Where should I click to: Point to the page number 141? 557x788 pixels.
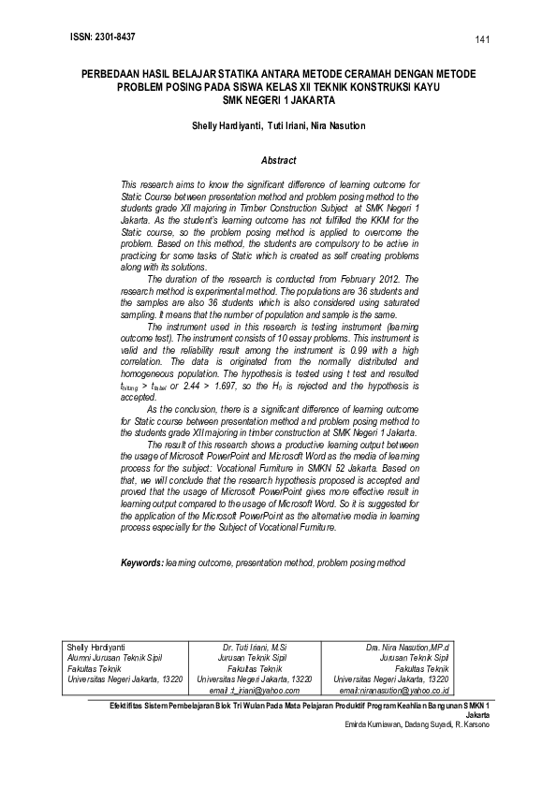click(483, 39)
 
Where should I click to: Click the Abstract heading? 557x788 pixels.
click(278, 160)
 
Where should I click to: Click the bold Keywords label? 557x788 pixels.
click(142, 563)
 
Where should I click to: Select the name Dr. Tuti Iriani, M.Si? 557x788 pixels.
click(254, 647)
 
